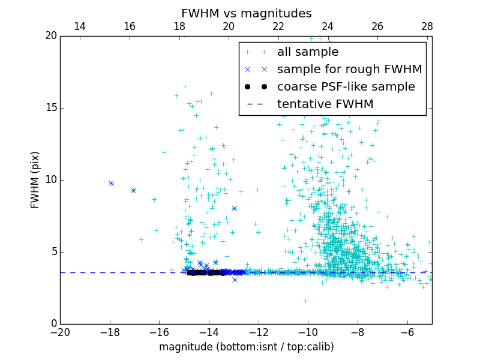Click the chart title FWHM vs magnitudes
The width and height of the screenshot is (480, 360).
click(x=246, y=13)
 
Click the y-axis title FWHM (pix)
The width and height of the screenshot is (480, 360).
click(x=35, y=179)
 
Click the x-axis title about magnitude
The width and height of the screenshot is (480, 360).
click(x=246, y=347)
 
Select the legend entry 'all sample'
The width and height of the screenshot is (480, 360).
click(x=307, y=52)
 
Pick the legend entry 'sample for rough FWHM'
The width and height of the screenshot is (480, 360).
click(x=349, y=70)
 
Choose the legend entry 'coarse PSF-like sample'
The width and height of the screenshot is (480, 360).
click(x=346, y=87)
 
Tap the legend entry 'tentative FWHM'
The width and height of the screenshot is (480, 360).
click(x=325, y=104)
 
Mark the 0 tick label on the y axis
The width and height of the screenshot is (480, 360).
click(x=53, y=324)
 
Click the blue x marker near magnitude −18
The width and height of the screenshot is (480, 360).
click(x=111, y=183)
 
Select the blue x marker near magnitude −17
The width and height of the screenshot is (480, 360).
click(x=133, y=190)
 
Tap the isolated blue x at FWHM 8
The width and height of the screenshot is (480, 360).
click(x=234, y=208)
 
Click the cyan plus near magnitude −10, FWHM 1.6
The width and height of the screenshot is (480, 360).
click(x=305, y=301)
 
